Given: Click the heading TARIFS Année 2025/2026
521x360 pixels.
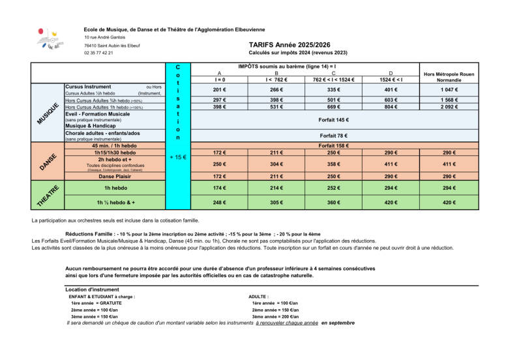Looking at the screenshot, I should point(286,45).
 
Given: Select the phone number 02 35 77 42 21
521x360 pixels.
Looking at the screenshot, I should point(98,53).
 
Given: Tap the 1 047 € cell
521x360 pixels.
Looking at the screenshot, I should point(449,89).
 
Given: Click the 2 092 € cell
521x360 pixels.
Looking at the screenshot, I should point(449,106).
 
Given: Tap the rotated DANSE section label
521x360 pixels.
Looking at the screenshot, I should point(48,162).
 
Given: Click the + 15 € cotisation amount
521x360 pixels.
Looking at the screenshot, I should point(178,157).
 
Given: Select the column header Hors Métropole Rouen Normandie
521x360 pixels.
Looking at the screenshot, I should point(449,77).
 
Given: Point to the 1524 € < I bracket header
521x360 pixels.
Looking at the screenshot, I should point(391,80).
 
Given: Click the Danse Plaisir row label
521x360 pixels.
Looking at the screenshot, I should point(115,176).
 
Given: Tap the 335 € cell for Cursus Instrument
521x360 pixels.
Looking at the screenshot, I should point(333,89).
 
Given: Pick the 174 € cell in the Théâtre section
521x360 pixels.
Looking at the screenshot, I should point(219,188).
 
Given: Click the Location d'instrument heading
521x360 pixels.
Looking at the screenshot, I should point(92,290).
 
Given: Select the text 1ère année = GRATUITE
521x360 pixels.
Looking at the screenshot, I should point(96,303).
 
